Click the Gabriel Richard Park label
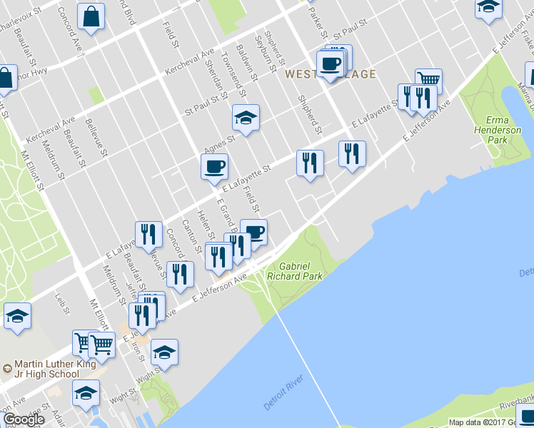click(x=294, y=270)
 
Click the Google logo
click(x=24, y=419)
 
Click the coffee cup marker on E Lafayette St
click(x=214, y=167)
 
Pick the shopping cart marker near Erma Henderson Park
click(x=428, y=80)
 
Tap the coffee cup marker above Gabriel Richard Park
click(x=254, y=231)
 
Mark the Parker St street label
click(x=318, y=25)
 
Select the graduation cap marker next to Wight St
click(x=165, y=352)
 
